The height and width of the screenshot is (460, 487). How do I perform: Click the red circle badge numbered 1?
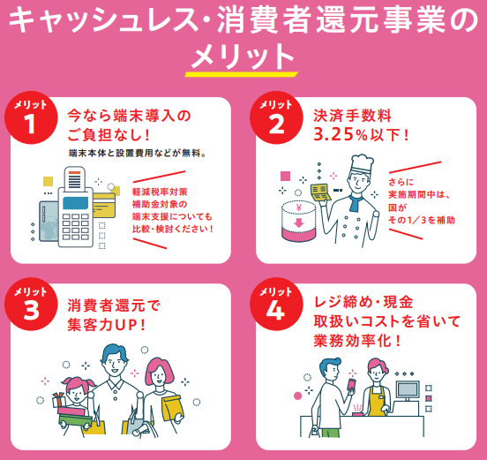point(31,117)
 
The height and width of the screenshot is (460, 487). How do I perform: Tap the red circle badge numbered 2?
point(276,117)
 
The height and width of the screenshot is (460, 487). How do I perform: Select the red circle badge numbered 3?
point(31,304)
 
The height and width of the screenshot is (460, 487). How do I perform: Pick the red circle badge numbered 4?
point(276,304)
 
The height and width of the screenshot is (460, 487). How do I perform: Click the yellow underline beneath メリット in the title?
point(242,74)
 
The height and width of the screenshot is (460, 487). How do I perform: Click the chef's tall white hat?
point(362,164)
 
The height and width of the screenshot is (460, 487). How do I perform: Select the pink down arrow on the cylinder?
point(298,222)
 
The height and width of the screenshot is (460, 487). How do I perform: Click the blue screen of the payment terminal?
point(76,203)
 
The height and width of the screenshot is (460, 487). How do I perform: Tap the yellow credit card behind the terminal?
point(104,205)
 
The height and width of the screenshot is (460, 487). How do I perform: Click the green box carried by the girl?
point(74,424)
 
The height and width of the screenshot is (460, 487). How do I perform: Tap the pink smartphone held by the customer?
point(352,385)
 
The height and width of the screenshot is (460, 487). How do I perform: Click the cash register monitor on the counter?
point(408,389)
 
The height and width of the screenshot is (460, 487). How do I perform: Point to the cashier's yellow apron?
point(377,402)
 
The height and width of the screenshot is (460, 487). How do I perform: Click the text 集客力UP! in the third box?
point(106,325)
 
